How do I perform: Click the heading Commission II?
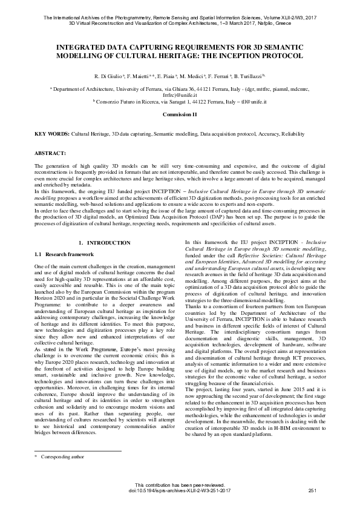point(180,114)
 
